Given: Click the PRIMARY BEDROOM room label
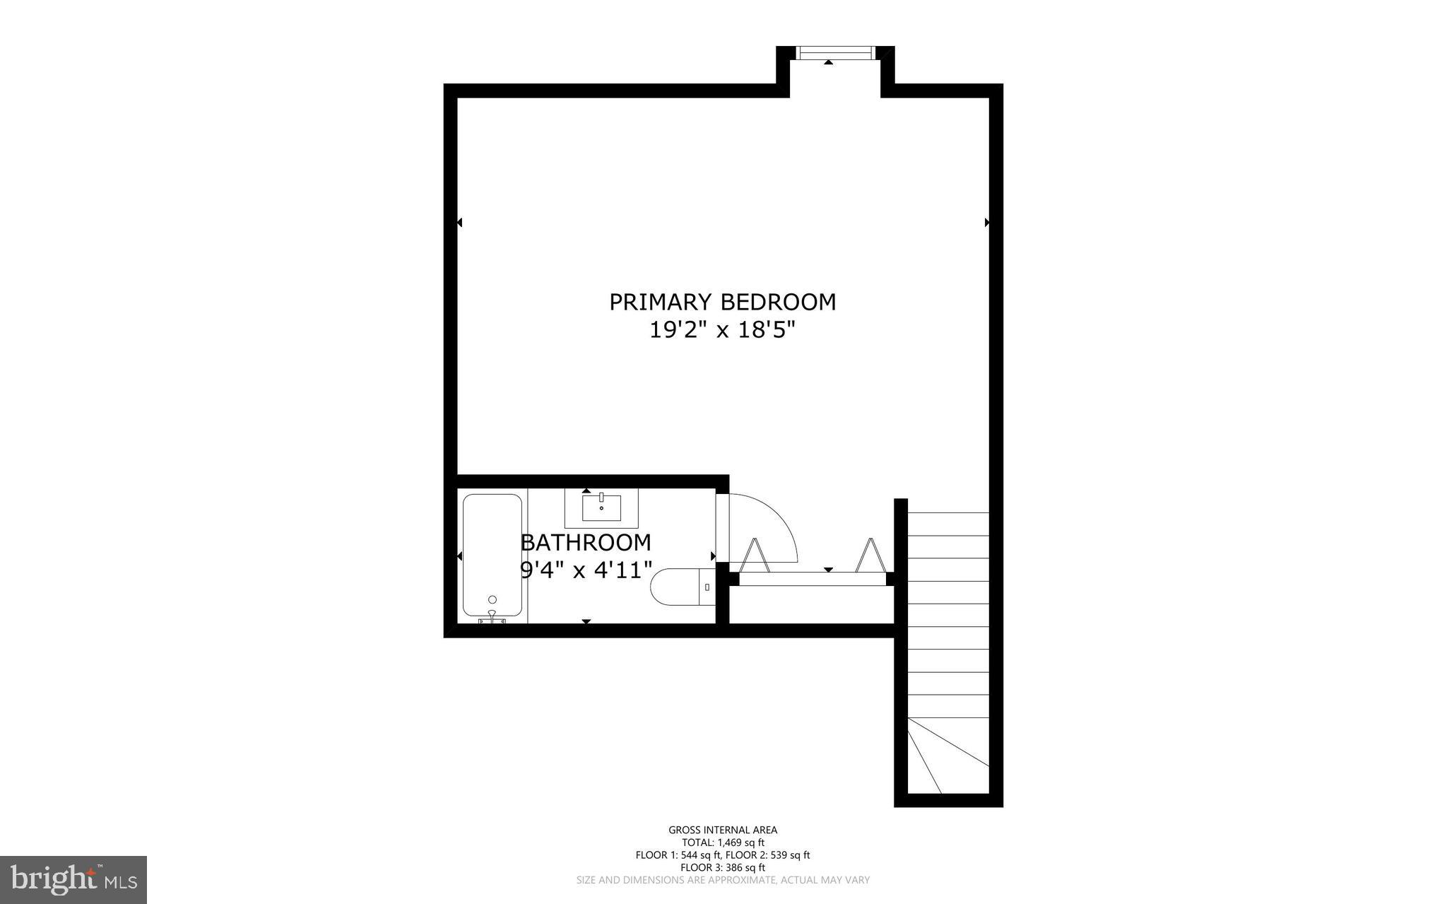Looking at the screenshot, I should click(x=722, y=302).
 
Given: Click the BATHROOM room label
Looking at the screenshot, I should click(x=586, y=543).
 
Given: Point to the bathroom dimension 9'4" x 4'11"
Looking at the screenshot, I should click(x=586, y=570).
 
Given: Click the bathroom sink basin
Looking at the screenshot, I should click(x=601, y=507).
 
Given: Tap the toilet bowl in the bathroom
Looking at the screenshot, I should click(x=674, y=587).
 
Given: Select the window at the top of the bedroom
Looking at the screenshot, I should click(x=835, y=53).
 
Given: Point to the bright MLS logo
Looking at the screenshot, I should click(x=73, y=879).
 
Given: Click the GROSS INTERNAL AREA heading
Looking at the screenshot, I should click(x=722, y=830).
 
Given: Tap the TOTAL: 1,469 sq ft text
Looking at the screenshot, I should click(x=722, y=843).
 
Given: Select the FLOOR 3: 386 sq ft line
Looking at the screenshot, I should click(x=722, y=867).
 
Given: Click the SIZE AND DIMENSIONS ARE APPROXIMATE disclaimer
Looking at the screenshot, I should click(x=722, y=880).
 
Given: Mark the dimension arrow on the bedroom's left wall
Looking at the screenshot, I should click(x=459, y=223).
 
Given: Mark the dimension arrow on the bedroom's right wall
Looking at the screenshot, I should click(x=987, y=223).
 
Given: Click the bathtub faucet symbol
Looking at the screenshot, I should click(x=492, y=618).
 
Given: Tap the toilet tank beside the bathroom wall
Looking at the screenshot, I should click(x=707, y=587).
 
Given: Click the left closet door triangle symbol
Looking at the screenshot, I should click(x=755, y=555).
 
